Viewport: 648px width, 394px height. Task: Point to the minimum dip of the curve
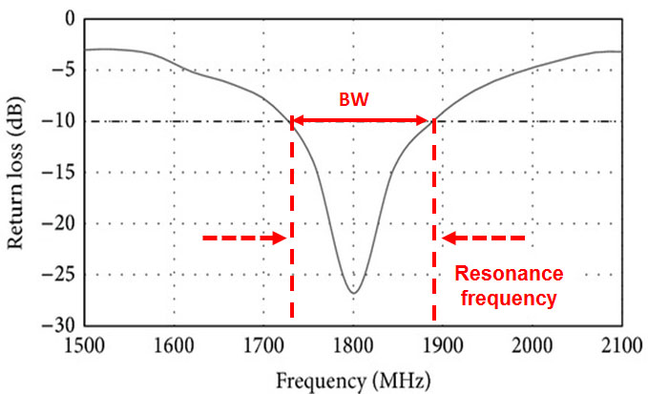pos(352,292)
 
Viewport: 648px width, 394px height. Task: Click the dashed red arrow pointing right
pos(244,238)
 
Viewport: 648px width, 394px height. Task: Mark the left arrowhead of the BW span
pos(297,120)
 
